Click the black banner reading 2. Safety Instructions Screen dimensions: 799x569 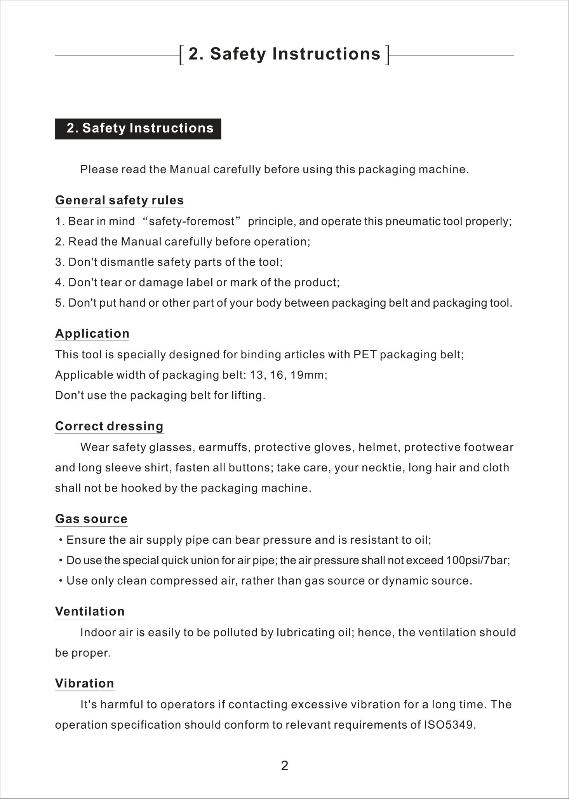pos(138,129)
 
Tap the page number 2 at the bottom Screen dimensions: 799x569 pos(284,766)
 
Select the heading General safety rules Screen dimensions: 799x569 pos(119,201)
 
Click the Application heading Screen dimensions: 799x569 pos(92,334)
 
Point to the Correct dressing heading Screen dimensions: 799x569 pos(109,426)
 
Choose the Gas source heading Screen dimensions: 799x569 pos(91,519)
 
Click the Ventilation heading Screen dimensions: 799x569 pos(90,612)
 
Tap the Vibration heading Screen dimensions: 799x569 pos(85,684)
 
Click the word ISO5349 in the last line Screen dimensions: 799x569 pos(448,725)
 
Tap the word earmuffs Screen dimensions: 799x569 pos(225,447)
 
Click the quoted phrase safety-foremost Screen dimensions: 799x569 pos(192,222)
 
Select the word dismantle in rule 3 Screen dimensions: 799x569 pos(127,262)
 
